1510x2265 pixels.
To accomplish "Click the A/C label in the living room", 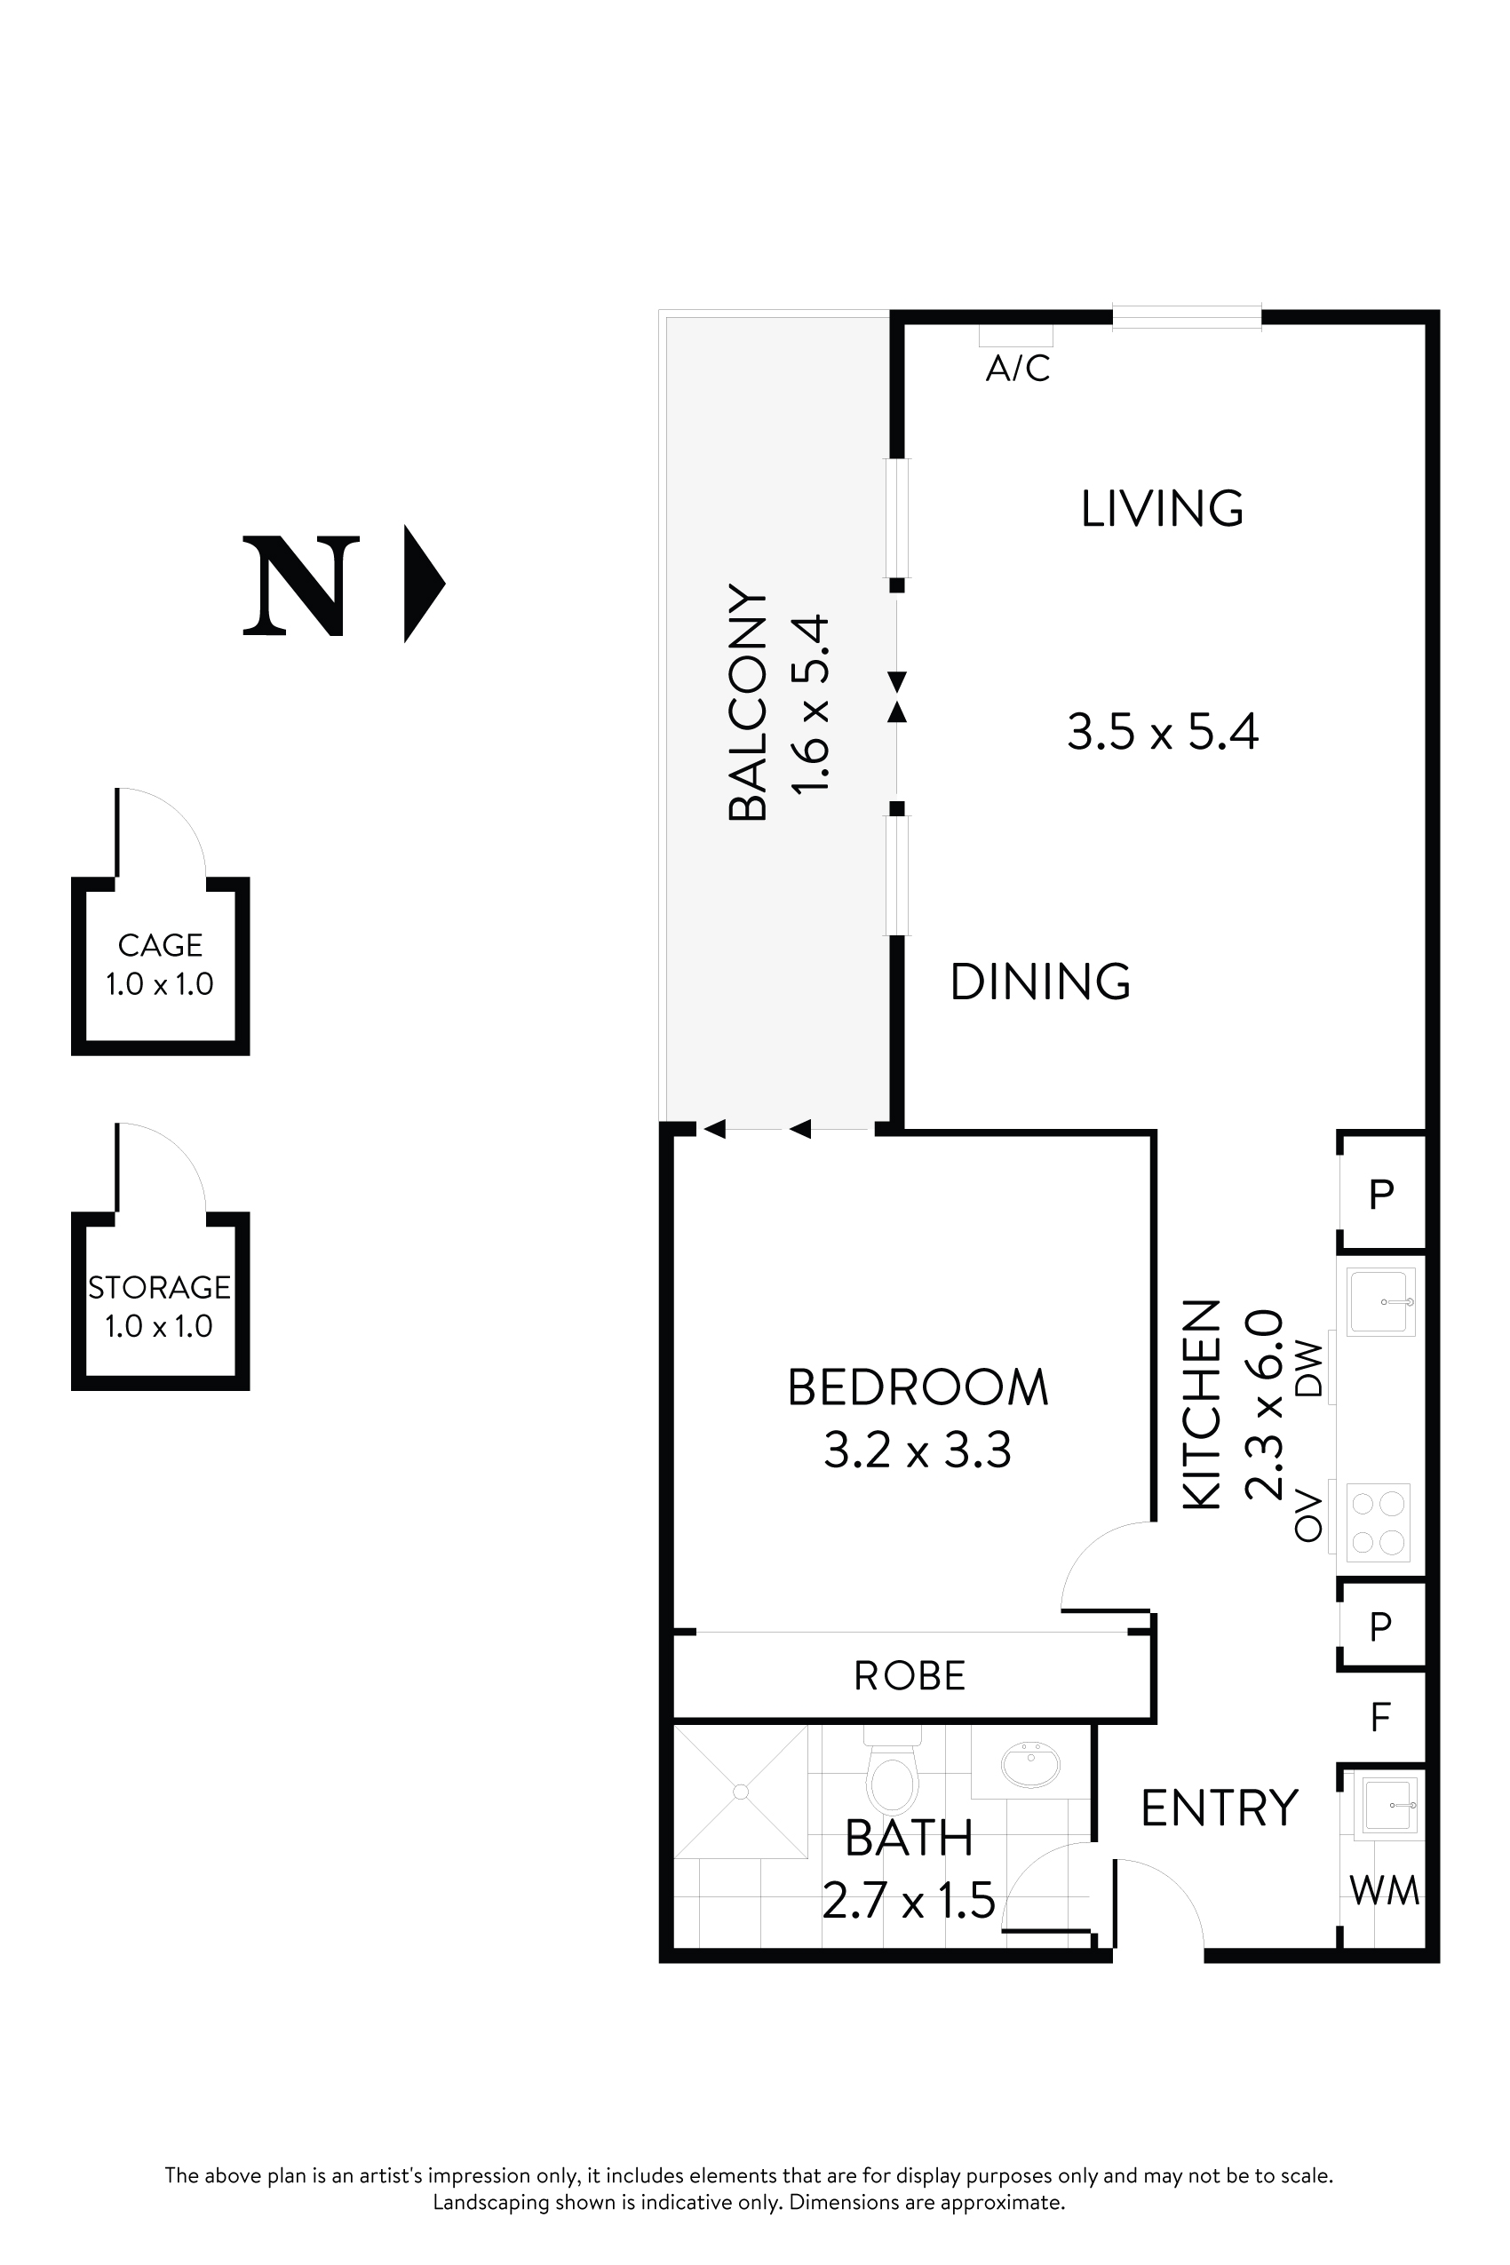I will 1017,368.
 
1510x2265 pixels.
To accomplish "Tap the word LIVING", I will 1162,510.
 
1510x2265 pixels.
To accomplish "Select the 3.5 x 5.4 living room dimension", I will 1163,732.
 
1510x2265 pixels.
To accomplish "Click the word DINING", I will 1040,982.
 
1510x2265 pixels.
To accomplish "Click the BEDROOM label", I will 918,1387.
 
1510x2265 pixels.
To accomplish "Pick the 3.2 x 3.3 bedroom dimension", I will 917,1450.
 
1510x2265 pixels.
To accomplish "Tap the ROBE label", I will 909,1677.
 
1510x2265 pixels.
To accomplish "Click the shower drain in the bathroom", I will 741,1792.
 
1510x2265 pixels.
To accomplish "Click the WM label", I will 1384,1891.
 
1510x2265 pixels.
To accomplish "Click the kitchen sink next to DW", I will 1380,1302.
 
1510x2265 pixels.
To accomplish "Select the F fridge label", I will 1380,1717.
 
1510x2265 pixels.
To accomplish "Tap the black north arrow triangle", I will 421,584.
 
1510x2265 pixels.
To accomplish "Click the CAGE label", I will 160,946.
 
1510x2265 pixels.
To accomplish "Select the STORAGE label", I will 160,1288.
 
